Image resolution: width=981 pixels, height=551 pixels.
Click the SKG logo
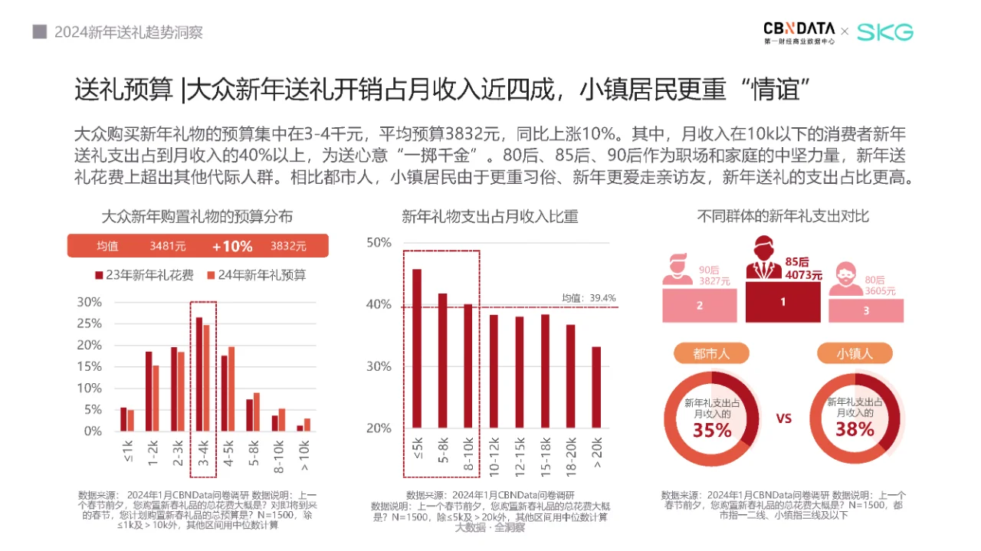tap(884, 32)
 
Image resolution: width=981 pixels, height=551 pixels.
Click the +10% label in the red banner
tap(232, 246)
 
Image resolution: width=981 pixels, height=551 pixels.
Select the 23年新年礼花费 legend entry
tap(144, 274)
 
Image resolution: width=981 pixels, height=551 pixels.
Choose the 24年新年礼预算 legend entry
tap(256, 274)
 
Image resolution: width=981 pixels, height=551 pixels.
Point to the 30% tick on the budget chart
tap(89, 302)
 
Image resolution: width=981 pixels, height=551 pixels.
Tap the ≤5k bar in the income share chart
tap(417, 348)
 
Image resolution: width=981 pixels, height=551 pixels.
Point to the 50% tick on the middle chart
tap(379, 243)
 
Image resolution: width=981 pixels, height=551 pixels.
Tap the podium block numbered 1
tap(783, 302)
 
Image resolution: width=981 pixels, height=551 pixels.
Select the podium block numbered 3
tap(866, 310)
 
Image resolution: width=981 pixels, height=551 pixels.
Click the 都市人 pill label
tap(712, 353)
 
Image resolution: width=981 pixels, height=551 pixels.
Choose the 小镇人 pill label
tap(855, 353)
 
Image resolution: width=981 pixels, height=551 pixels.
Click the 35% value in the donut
tap(712, 431)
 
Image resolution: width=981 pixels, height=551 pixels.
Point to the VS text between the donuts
tap(783, 419)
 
